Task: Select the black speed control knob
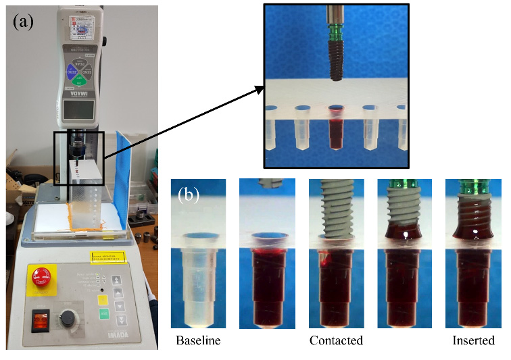[x=70, y=317]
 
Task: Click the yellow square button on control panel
[x=103, y=299]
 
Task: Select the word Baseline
[x=198, y=340]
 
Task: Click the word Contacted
[x=337, y=340]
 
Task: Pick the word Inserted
[x=473, y=340]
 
